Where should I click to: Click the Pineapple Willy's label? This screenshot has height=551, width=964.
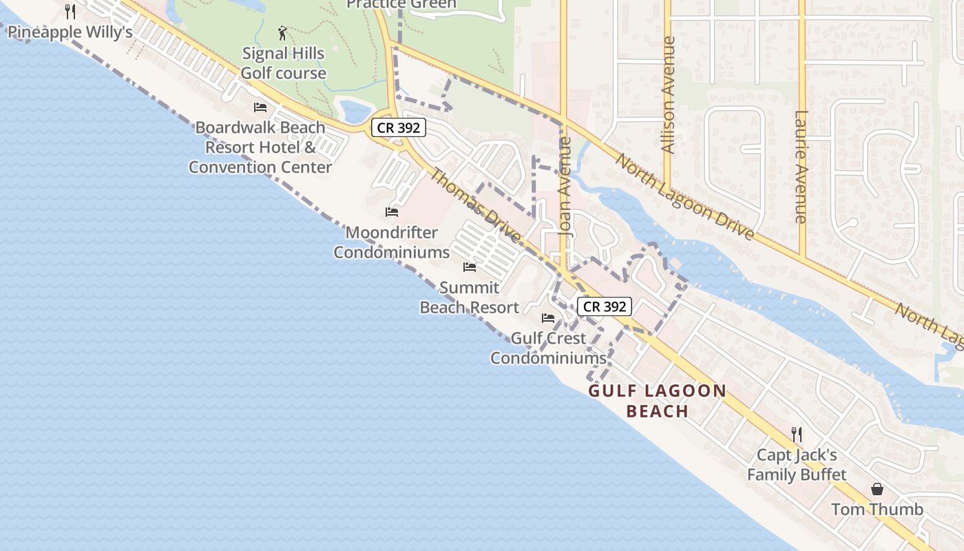[x=70, y=32]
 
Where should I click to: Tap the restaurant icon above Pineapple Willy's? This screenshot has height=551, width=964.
[x=70, y=11]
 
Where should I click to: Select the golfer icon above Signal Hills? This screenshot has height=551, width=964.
[x=282, y=32]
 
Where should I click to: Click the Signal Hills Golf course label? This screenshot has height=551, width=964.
[x=284, y=63]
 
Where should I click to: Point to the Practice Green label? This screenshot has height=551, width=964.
[x=401, y=4]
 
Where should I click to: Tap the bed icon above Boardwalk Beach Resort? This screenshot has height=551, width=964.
[x=260, y=107]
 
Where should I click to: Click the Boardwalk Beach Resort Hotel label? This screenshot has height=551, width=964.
[x=260, y=147]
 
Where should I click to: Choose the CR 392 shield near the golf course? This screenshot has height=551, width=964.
[x=398, y=127]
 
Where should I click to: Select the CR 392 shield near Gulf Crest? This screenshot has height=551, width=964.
[x=604, y=306]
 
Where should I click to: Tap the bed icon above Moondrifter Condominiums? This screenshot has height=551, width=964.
[x=392, y=211]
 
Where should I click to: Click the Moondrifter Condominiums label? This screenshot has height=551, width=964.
[x=392, y=242]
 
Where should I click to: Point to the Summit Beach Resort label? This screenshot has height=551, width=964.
[x=470, y=297]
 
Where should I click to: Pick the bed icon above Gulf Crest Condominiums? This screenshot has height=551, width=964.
[x=548, y=318]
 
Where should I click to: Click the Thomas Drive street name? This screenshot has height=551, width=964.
[x=474, y=205]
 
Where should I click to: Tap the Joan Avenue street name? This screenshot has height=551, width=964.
[x=565, y=187]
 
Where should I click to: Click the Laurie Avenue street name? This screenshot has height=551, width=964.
[x=801, y=167]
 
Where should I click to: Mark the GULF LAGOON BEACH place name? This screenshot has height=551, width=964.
[x=658, y=401]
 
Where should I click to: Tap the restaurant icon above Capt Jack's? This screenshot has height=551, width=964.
[x=797, y=434]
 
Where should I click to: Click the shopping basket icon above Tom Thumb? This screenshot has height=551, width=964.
[x=877, y=489]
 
